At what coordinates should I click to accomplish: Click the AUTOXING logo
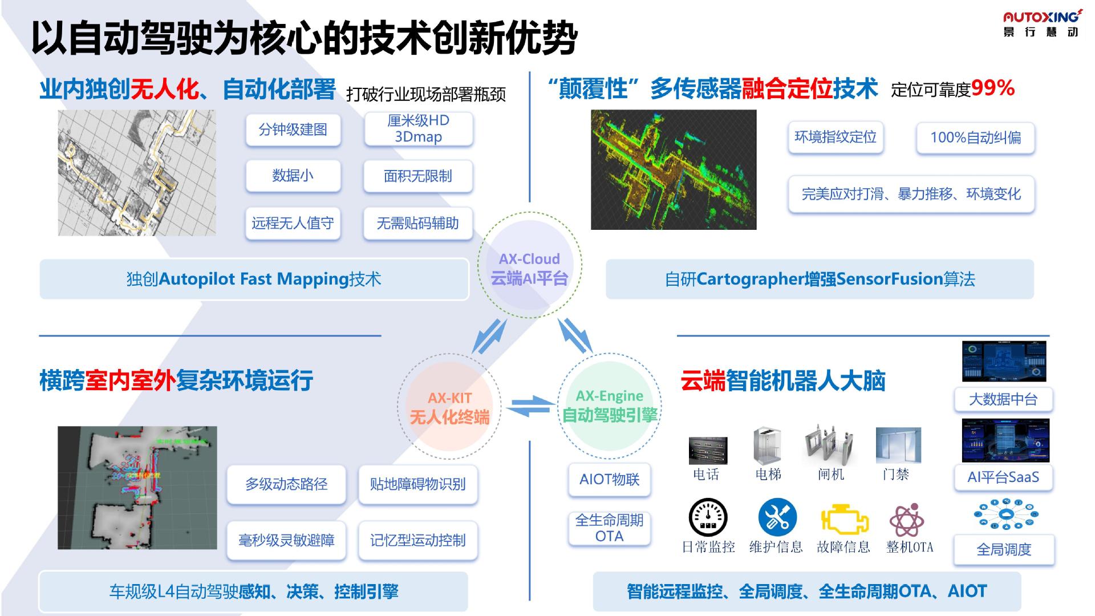[x=1041, y=23]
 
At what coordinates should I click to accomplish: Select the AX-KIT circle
[x=449, y=407]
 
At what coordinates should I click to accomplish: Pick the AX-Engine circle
[x=609, y=406]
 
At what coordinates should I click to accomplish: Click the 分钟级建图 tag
[x=293, y=130]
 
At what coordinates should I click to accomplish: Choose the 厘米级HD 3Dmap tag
[x=418, y=129]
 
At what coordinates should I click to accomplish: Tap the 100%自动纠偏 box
[x=975, y=137]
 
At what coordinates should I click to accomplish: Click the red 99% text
[x=992, y=88]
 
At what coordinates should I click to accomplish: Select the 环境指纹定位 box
[x=836, y=137]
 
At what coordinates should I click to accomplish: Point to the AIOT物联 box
[x=609, y=480]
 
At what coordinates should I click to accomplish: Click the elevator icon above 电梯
[x=767, y=445]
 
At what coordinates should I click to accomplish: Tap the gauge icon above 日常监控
[x=708, y=518]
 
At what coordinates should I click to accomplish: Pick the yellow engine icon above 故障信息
[x=844, y=519]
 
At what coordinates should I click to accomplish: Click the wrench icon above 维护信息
[x=777, y=517]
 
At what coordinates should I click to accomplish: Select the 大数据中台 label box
[x=1003, y=399]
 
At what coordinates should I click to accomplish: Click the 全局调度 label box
[x=1004, y=549]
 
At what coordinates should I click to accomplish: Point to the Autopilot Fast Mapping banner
[x=254, y=279]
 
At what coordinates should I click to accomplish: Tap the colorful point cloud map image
[x=674, y=170]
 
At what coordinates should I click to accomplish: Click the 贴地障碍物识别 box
[x=417, y=484]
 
